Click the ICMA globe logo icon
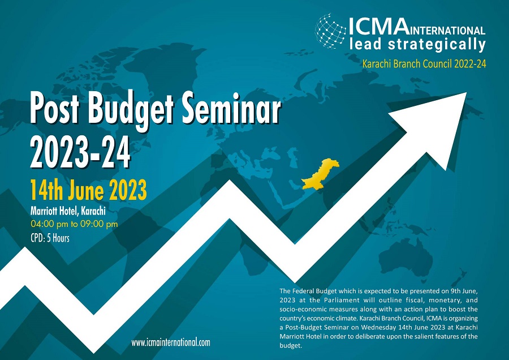[330, 31]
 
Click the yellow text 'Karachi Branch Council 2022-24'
[424, 64]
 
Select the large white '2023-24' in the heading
[80, 152]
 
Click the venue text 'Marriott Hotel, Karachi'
[68, 211]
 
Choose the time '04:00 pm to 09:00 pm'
[74, 224]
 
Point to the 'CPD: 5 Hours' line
[50, 238]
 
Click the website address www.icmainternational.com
[171, 342]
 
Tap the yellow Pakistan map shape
[320, 174]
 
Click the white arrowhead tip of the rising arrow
[466, 93]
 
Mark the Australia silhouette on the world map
[407, 257]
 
